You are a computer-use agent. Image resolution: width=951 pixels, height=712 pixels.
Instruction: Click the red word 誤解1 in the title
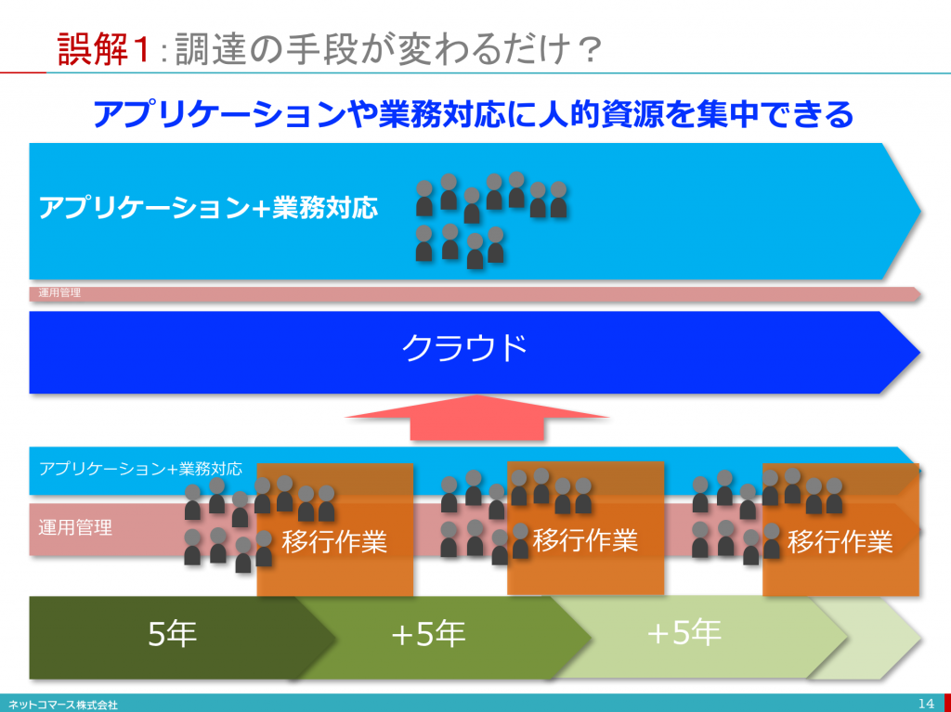pos(104,49)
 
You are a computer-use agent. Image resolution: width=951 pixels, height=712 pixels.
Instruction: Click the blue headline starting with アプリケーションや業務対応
pos(474,114)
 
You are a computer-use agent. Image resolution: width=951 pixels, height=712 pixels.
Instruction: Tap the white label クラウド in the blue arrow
pos(464,348)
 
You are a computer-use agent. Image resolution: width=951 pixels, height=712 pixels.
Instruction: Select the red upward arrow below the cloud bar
pos(476,417)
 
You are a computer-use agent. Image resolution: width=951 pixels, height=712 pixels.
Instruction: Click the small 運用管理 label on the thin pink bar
pos(59,293)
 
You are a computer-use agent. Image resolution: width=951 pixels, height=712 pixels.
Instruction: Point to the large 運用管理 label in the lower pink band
pos(75,527)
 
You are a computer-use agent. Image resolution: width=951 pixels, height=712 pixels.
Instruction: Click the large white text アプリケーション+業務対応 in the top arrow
pos(208,208)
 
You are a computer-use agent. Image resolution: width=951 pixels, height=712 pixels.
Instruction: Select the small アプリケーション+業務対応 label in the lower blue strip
pos(140,469)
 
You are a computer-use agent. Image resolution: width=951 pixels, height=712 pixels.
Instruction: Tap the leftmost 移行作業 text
pos(334,541)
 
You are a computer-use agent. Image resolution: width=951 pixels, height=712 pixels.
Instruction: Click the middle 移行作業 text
pos(585,539)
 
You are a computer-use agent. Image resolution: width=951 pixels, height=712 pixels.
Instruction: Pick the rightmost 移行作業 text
pos(840,541)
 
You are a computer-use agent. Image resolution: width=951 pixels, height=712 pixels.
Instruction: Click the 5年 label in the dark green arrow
pos(173,634)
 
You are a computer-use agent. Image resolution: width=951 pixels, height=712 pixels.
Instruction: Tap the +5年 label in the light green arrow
pos(684,632)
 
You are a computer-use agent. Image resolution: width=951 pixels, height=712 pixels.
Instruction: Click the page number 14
pos(926,704)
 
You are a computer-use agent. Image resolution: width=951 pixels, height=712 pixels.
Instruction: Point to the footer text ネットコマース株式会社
pos(63,706)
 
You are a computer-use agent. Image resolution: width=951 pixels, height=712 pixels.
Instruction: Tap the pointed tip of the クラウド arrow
pos(919,353)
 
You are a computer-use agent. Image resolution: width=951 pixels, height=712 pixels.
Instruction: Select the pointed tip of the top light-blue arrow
pos(920,212)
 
